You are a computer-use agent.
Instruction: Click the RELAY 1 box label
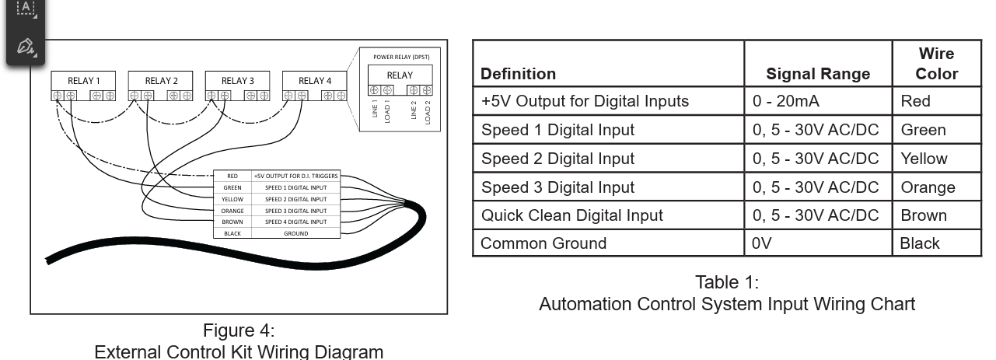[x=84, y=81]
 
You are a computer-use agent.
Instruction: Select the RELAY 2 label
[x=161, y=81]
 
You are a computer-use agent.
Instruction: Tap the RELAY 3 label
[x=237, y=81]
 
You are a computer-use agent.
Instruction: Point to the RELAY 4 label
[x=315, y=81]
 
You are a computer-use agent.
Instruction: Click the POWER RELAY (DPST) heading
[x=401, y=57]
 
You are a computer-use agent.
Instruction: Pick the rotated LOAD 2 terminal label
[x=428, y=112]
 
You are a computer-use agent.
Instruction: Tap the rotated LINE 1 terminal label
[x=375, y=108]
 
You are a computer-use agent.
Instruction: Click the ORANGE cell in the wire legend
[x=232, y=211]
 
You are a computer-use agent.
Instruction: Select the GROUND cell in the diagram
[x=296, y=233]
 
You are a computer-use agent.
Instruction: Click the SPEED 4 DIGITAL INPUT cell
[x=296, y=222]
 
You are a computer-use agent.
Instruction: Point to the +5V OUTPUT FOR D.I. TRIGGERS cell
[x=296, y=176]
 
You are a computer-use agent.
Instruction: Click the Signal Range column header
[x=818, y=74]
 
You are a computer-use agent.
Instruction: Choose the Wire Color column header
[x=937, y=64]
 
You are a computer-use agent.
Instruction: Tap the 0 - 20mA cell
[x=786, y=101]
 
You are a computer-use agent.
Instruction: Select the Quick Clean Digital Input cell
[x=571, y=215]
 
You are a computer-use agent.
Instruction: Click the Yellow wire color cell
[x=924, y=159]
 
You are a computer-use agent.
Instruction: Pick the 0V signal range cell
[x=762, y=243]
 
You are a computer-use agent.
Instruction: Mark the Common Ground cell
[x=543, y=243]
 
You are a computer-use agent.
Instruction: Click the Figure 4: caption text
[x=239, y=330]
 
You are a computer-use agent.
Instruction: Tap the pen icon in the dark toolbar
[x=26, y=46]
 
